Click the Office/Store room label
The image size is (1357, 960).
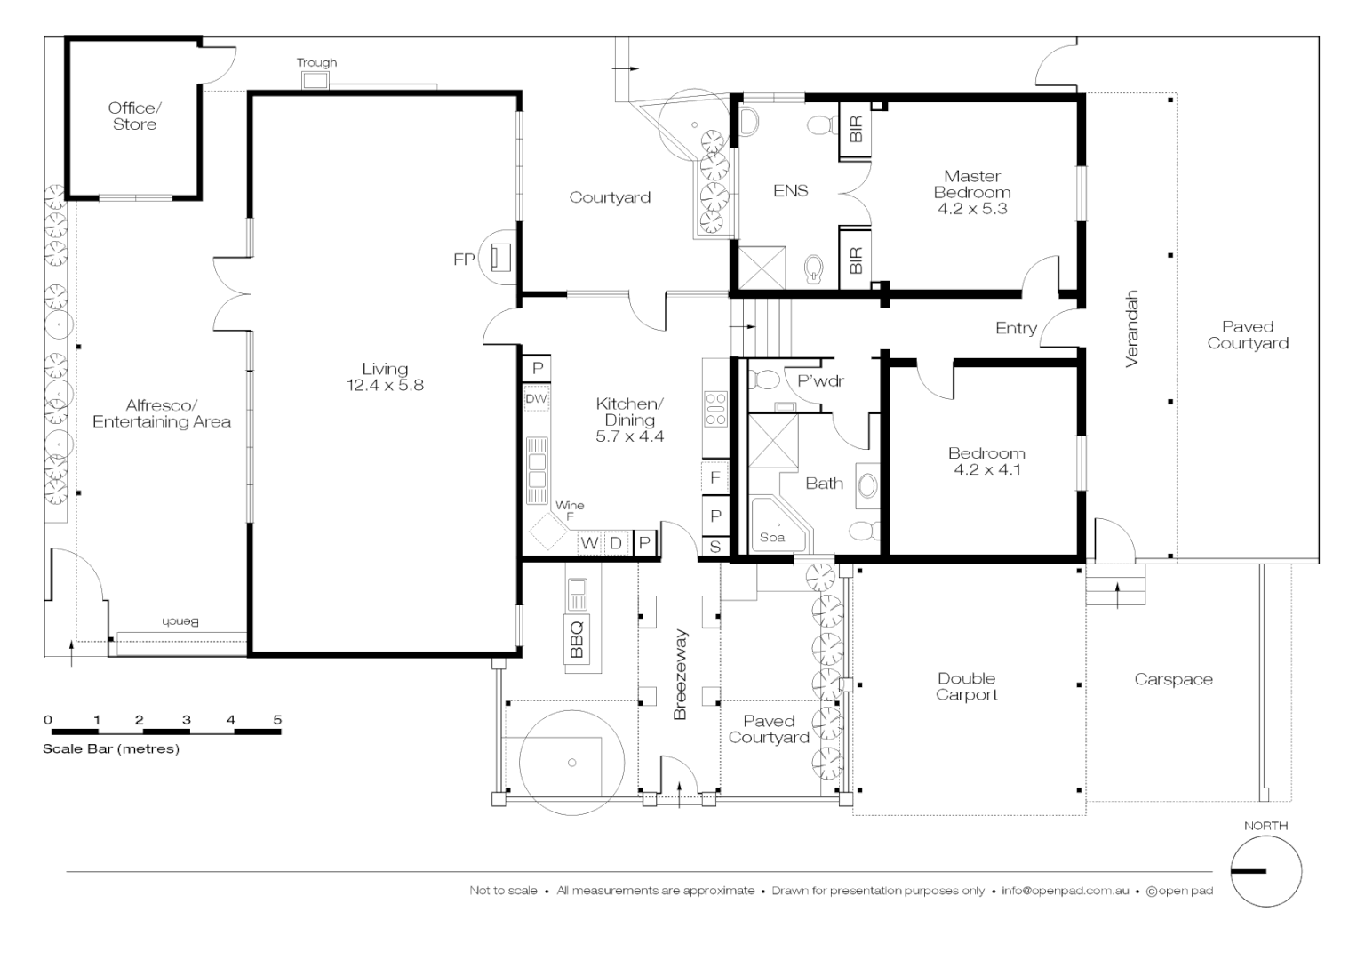tap(135, 116)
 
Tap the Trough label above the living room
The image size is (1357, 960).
tap(316, 63)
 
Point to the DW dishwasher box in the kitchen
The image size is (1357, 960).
tap(536, 400)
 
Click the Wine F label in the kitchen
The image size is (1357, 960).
tap(570, 509)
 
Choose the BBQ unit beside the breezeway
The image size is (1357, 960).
tap(577, 637)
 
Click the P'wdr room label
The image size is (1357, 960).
tap(819, 381)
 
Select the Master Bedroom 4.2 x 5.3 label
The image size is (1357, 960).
tap(971, 193)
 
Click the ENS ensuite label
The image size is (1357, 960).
tap(790, 190)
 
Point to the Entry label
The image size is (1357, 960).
tap(1016, 328)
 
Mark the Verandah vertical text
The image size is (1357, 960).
tap(1131, 328)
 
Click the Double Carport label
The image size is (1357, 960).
tap(966, 687)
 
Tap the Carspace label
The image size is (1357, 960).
tap(1173, 679)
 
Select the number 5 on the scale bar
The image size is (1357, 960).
tap(277, 720)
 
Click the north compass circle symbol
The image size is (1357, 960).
tap(1265, 872)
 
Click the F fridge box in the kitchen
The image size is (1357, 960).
tap(714, 478)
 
